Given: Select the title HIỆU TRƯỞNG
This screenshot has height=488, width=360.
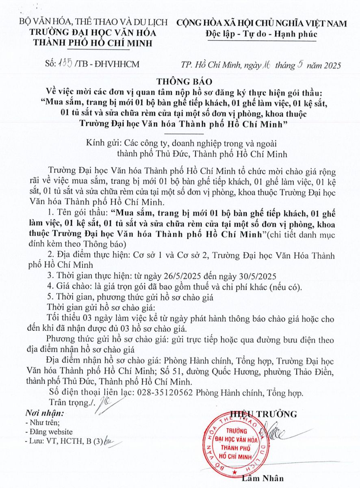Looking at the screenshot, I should tap(263, 414).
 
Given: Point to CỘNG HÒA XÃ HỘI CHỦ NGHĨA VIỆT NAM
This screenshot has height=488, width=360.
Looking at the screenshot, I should tap(262, 23).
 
